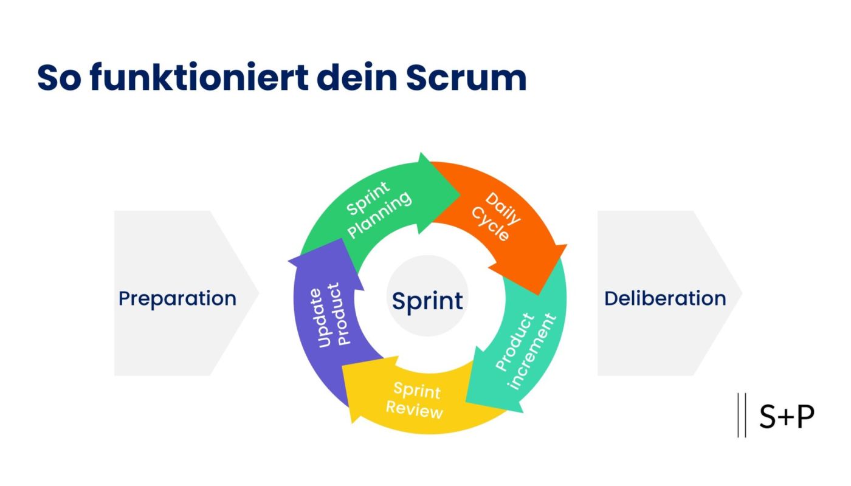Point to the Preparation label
click(177, 298)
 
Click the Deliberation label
click(665, 298)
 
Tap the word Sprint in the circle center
click(427, 300)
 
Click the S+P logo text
click(787, 416)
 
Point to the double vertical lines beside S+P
click(742, 415)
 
